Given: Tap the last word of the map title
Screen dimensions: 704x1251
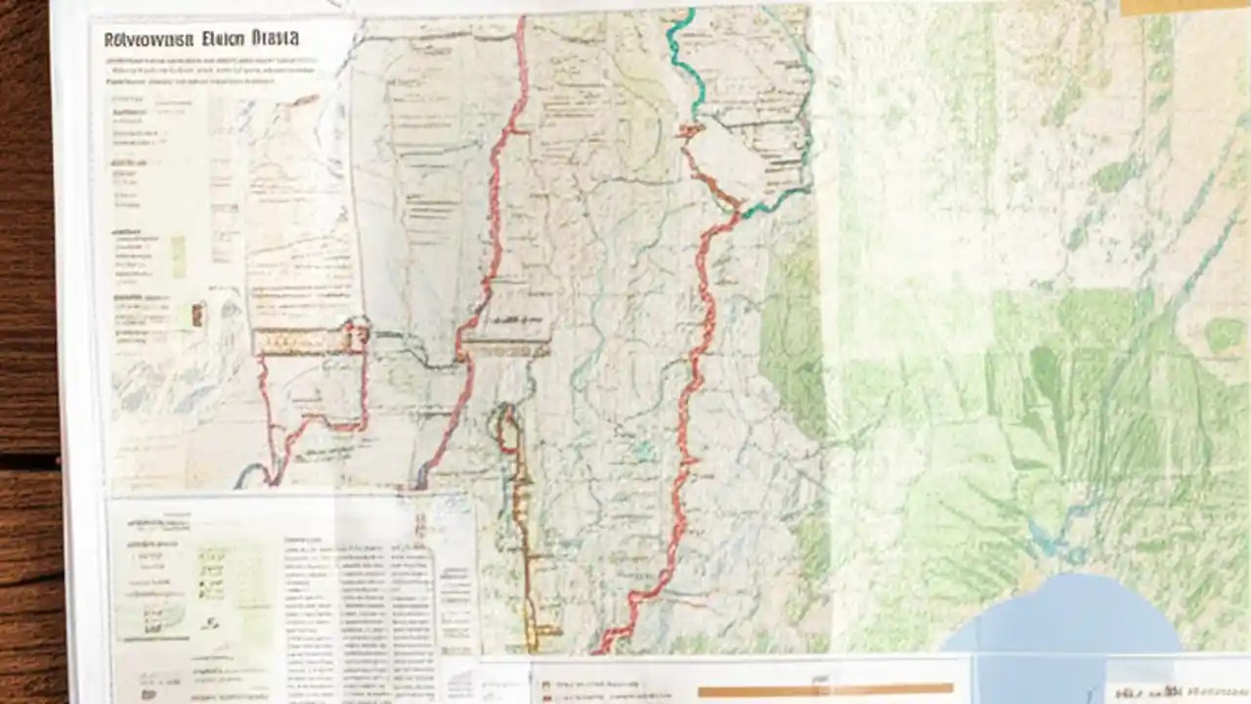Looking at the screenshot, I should pyautogui.click(x=275, y=39).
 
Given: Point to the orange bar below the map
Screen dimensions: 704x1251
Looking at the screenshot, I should pyautogui.click(x=826, y=690).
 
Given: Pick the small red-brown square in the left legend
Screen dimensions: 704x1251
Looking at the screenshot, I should pyautogui.click(x=198, y=314).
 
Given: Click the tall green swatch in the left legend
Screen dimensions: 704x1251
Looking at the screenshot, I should pyautogui.click(x=178, y=256).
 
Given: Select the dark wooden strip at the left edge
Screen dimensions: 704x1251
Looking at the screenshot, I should pyautogui.click(x=27, y=352).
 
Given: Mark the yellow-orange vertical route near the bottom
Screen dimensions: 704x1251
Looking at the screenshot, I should pyautogui.click(x=526, y=548).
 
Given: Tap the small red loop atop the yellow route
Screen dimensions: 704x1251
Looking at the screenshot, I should pyautogui.click(x=505, y=426).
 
